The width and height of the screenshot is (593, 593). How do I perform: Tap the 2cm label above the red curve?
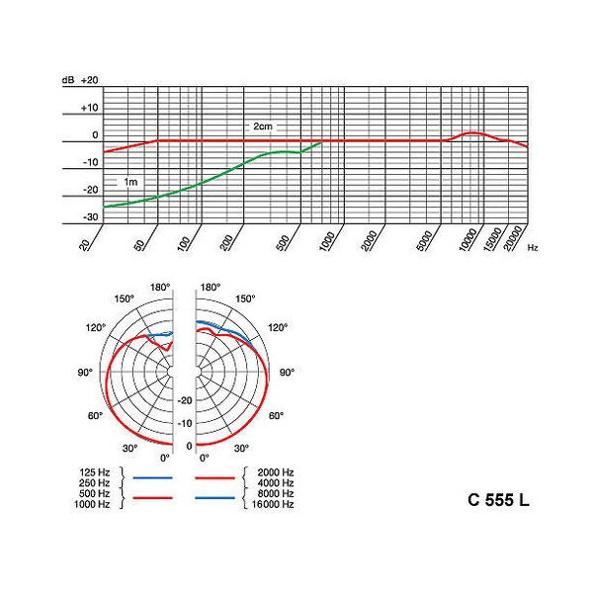tap(262, 128)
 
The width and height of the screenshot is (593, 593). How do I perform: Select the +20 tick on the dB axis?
tap(90, 79)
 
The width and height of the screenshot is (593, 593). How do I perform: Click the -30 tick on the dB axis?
tap(90, 216)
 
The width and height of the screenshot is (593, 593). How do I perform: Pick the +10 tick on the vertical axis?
tap(90, 107)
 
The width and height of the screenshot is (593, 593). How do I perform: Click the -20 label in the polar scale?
tap(184, 400)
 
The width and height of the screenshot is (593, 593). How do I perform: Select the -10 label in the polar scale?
tap(184, 423)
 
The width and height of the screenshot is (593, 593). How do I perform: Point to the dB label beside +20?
tap(67, 79)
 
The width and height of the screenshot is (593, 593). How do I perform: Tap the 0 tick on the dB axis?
tap(95, 134)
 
